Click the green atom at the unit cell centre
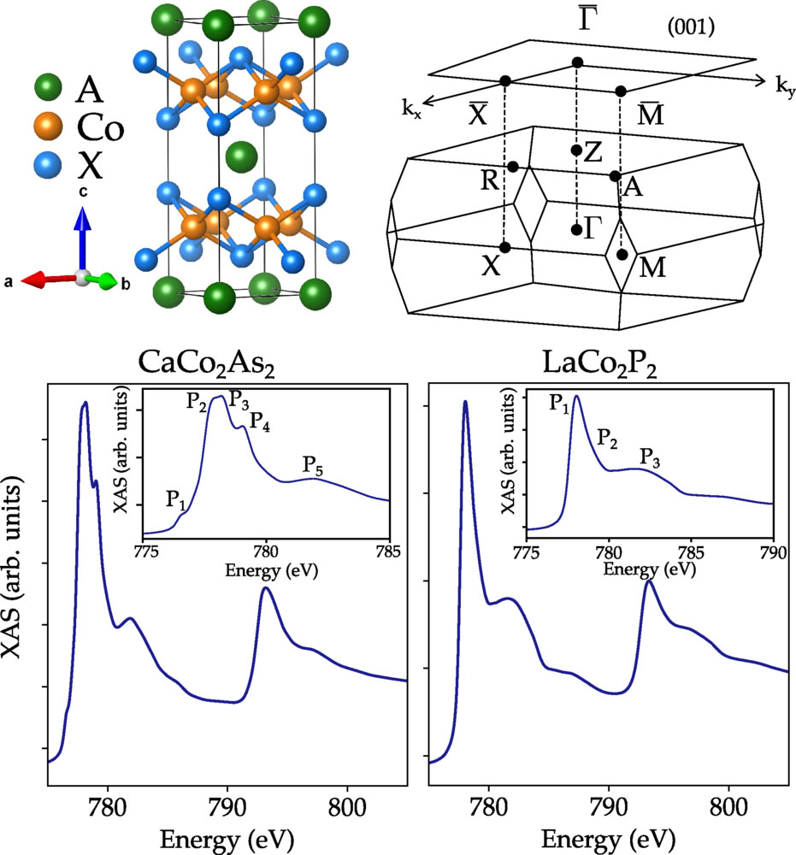tap(243, 156)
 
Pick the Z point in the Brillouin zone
tap(577, 150)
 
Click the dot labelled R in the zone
tap(513, 167)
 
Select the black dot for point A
tap(615, 176)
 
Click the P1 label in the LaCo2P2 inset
tap(563, 407)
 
